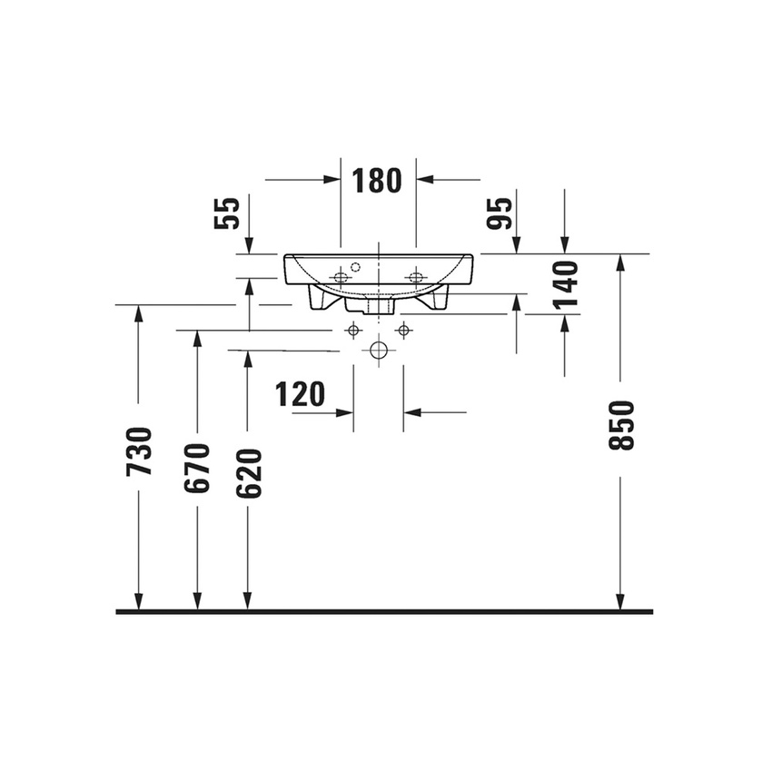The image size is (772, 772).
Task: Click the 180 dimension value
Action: [377, 180]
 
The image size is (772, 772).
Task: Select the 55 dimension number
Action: [227, 213]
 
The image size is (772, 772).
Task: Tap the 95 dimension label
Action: [500, 213]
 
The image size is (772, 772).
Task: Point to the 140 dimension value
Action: [565, 284]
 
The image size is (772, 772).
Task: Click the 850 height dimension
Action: [621, 425]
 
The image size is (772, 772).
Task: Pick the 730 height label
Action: [139, 451]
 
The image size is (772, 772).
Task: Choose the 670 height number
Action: [197, 469]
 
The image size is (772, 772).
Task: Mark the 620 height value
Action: [249, 473]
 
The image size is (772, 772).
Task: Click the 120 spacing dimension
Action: [300, 394]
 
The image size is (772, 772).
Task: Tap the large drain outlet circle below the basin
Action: [379, 350]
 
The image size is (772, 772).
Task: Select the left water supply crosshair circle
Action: [353, 330]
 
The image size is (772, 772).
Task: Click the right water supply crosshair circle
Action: [404, 330]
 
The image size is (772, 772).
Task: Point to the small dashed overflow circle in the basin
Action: [355, 267]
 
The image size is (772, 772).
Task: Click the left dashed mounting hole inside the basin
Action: [341, 277]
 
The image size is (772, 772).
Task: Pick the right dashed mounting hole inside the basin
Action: [416, 277]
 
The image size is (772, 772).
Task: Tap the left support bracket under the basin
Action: [320, 298]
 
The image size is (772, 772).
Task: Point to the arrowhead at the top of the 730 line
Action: [138, 313]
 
